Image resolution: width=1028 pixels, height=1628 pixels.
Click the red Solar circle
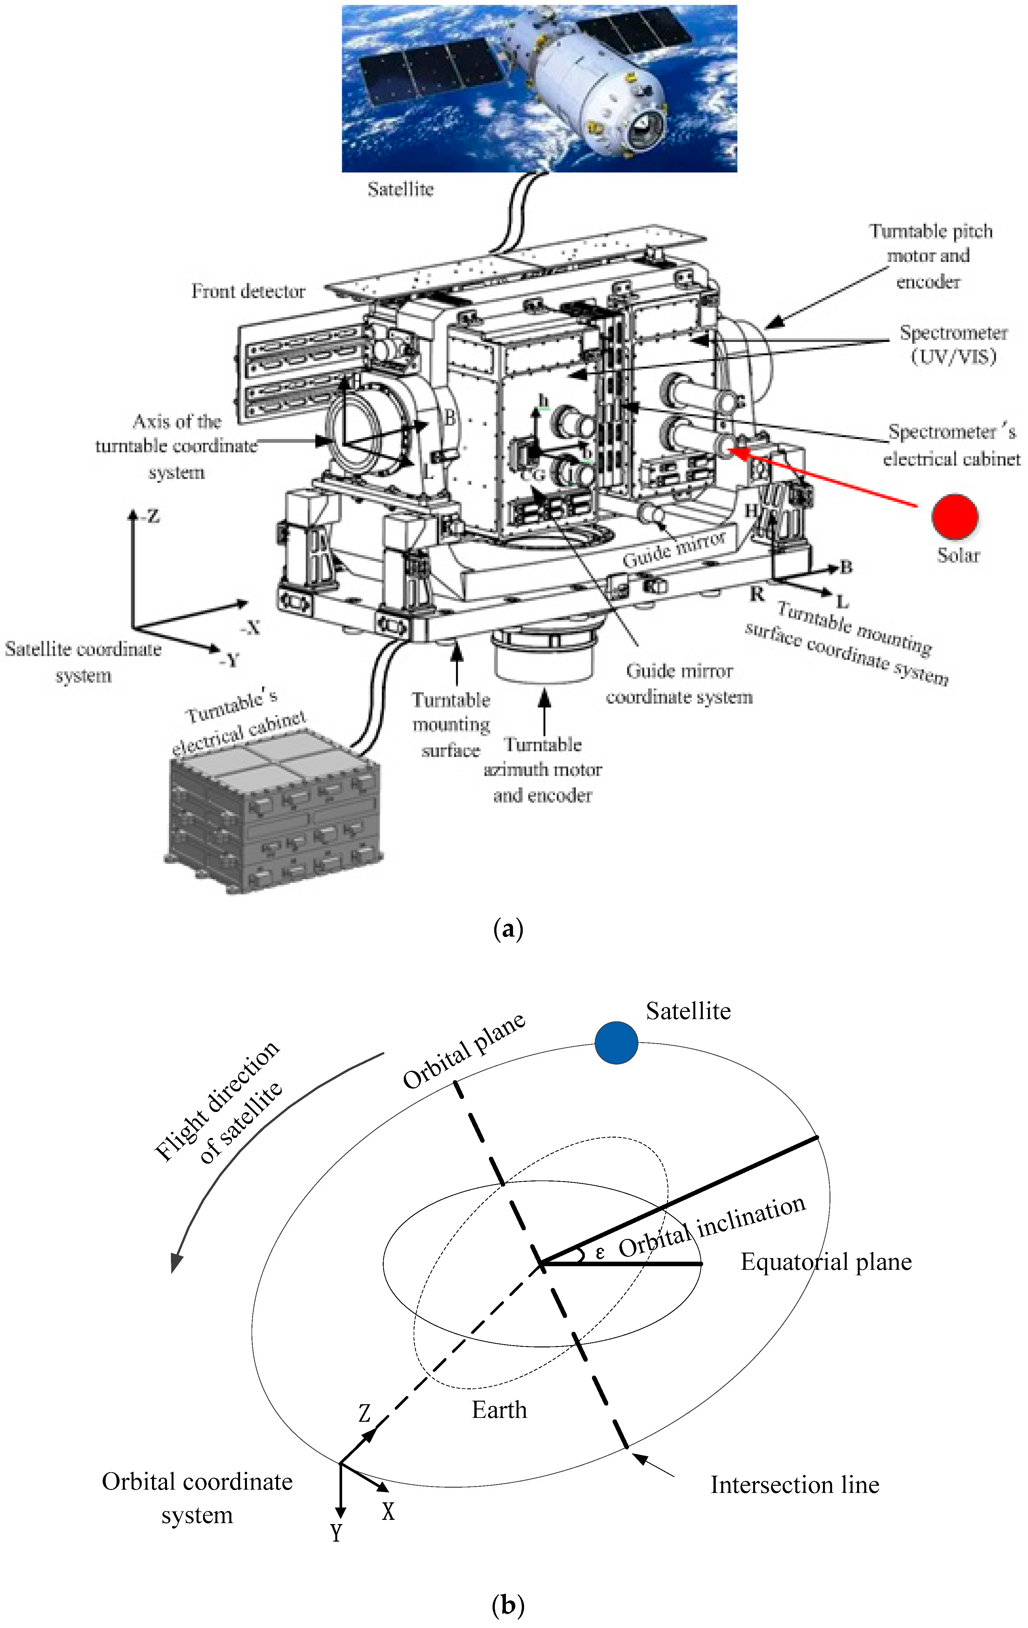click(954, 517)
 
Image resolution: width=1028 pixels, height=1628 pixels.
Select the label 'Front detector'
click(248, 291)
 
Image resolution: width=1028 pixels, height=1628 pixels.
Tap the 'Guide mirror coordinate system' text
click(679, 684)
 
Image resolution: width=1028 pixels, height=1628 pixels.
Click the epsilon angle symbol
click(599, 1253)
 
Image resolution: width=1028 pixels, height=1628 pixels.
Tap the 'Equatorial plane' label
click(826, 1262)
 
